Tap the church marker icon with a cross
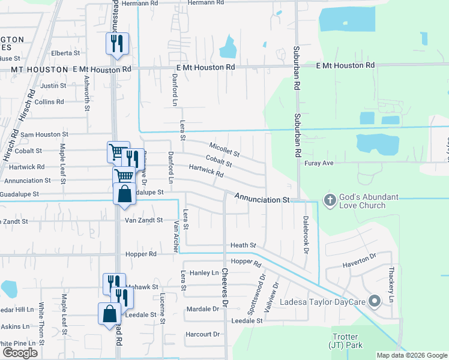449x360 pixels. coord(329,199)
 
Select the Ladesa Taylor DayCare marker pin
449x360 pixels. coord(375,301)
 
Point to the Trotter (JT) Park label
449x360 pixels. coord(343,341)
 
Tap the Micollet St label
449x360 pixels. coord(224,149)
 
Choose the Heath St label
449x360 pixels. coord(243,245)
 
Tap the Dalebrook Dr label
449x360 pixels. coord(306,234)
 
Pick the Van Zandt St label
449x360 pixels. coord(143,220)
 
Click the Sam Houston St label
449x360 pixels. coord(44,134)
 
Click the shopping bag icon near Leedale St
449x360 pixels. coord(109,313)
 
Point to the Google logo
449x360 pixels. coord(20,353)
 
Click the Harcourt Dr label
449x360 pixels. coord(202,334)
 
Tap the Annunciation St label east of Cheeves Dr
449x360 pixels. coord(262,198)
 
